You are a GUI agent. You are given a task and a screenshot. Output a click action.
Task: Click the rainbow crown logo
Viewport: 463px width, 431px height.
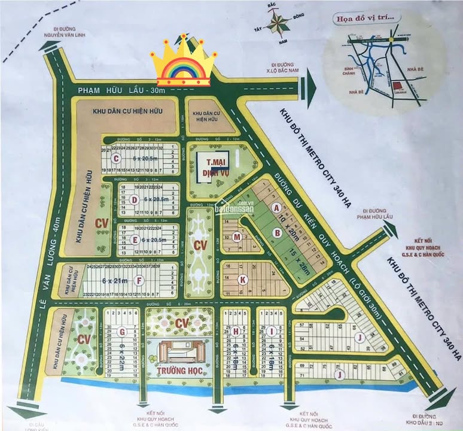click(x=182, y=62)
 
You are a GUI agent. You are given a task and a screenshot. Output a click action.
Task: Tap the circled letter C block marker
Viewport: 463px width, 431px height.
click(x=117, y=159)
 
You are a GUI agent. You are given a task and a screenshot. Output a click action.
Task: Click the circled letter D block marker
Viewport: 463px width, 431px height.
click(x=135, y=199)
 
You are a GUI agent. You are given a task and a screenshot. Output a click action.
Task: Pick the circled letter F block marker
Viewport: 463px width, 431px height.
click(x=139, y=280)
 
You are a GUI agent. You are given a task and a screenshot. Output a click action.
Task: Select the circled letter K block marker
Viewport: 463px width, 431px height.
click(x=242, y=279)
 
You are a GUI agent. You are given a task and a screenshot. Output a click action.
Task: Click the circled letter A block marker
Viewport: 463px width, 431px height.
click(x=276, y=208)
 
